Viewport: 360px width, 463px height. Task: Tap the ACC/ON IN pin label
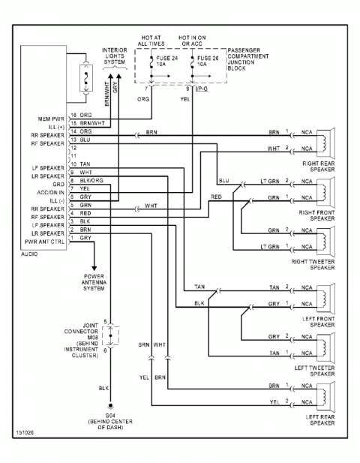tap(50, 191)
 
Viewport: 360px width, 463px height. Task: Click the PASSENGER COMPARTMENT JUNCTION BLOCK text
tap(249, 54)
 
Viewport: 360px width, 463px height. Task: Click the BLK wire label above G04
tap(103, 388)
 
